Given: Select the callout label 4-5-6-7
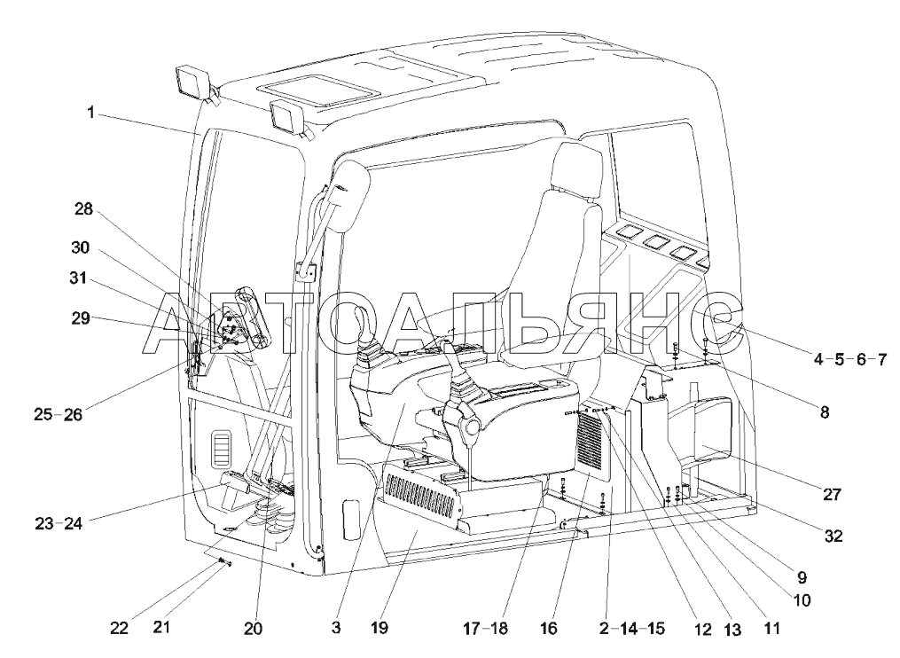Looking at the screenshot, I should [850, 359].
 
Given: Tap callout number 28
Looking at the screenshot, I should [82, 209].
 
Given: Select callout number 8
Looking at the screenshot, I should [825, 412].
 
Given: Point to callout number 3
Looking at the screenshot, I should [336, 629].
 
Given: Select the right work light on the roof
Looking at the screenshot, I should [287, 117].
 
